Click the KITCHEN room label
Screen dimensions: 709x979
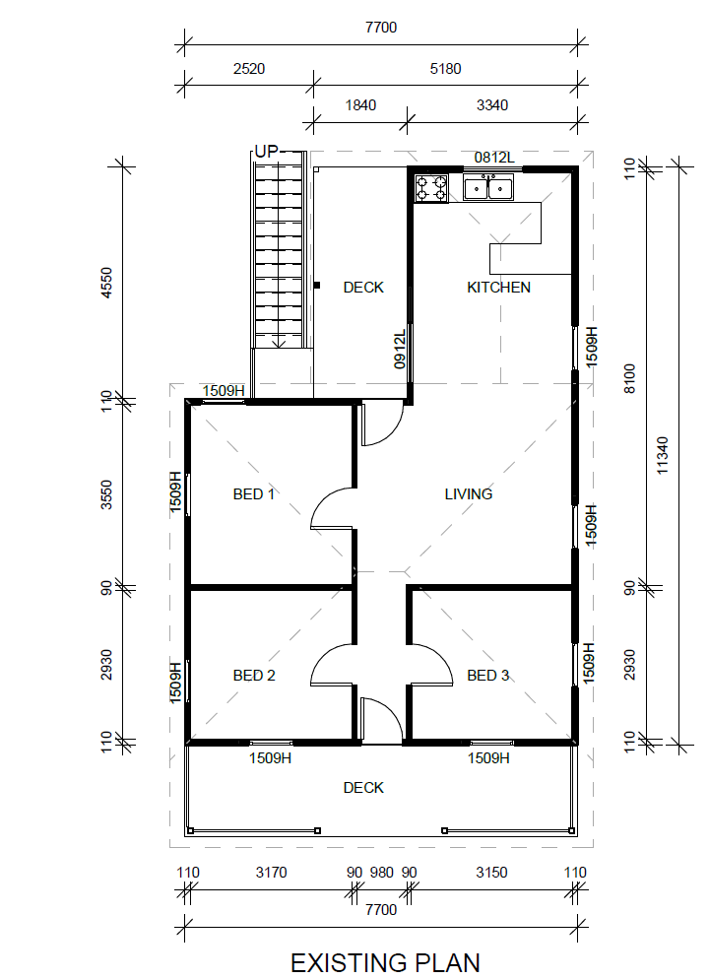tap(498, 288)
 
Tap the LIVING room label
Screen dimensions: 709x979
tap(469, 493)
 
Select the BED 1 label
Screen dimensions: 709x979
tap(253, 493)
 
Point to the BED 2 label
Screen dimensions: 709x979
tap(254, 675)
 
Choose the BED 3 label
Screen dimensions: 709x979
tap(488, 675)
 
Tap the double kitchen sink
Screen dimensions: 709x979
tap(488, 188)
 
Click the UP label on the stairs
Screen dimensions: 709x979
tap(267, 151)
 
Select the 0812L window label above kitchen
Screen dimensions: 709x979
tap(494, 158)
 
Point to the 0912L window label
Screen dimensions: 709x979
tap(400, 349)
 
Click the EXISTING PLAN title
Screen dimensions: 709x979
tap(385, 963)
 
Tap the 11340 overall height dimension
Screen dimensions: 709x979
tap(662, 455)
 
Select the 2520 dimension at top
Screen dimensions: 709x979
tap(249, 69)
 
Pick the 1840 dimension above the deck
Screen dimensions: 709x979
tap(360, 104)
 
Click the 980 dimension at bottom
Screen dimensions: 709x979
tap(382, 873)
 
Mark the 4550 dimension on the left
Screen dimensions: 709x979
tap(106, 283)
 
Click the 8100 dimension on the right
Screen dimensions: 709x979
tap(629, 378)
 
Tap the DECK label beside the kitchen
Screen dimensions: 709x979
tap(363, 288)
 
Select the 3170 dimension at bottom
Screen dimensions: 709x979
tap(271, 873)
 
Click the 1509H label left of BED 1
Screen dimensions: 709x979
tap(175, 492)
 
